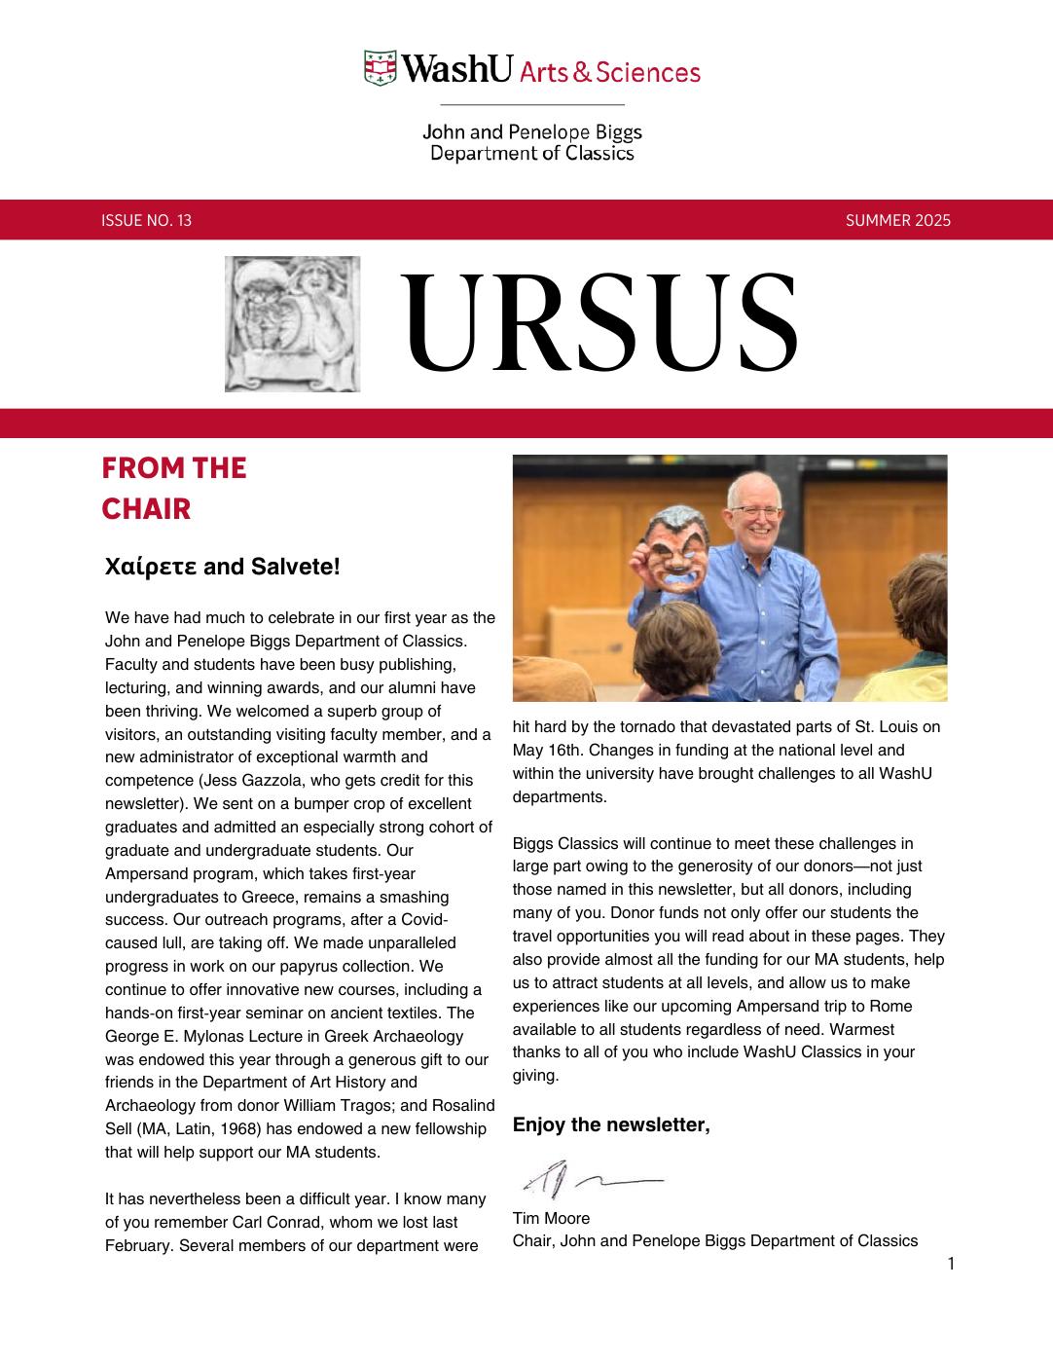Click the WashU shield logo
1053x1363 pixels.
click(x=381, y=69)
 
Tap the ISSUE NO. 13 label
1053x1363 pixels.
click(x=146, y=220)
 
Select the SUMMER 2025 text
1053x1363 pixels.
click(x=897, y=220)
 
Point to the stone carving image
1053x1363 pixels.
click(x=292, y=324)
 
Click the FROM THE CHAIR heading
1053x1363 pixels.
click(x=174, y=488)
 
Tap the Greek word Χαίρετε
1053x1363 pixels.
click(x=151, y=567)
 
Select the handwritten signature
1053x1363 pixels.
click(x=591, y=1180)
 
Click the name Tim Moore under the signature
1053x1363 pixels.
click(x=551, y=1218)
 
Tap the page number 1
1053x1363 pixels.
click(x=951, y=1264)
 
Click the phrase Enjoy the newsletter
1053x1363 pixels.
click(x=611, y=1125)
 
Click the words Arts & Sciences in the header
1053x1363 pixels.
click(x=610, y=72)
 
